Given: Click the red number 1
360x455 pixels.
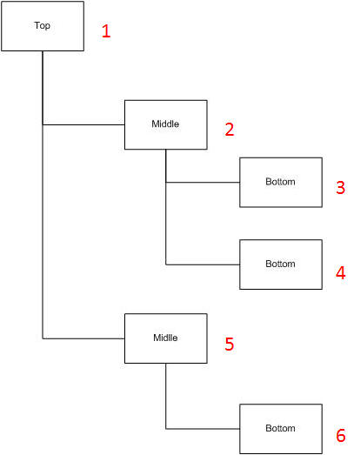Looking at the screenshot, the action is click(x=106, y=31).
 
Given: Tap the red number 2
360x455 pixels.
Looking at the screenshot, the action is click(x=230, y=130).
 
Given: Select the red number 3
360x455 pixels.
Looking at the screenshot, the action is click(x=341, y=187).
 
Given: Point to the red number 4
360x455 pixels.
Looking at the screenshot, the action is click(x=341, y=273).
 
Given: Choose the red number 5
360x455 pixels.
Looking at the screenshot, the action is click(x=230, y=344).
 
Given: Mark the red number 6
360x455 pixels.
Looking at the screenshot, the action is click(x=341, y=435).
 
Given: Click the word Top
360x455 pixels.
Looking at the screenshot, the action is click(x=43, y=26).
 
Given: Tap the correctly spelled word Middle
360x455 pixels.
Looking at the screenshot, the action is click(x=165, y=124).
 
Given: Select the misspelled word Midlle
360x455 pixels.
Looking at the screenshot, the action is click(x=165, y=338).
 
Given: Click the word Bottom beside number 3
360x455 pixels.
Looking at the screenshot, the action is click(x=280, y=182).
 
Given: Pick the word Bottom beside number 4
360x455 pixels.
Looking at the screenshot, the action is click(x=280, y=264).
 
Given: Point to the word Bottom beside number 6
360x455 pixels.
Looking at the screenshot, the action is click(x=280, y=428).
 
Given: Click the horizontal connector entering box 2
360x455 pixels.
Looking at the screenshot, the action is click(x=83, y=124).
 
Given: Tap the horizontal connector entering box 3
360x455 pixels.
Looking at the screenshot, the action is click(x=203, y=182).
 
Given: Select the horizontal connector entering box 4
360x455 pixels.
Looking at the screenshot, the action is click(x=203, y=264).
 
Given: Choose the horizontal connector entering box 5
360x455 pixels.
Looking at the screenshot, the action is click(x=83, y=338).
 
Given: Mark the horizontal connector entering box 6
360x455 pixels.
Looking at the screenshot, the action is click(x=203, y=429).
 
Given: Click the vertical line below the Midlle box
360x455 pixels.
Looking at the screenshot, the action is click(x=166, y=396).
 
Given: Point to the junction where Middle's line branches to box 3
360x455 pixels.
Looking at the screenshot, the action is click(x=166, y=182).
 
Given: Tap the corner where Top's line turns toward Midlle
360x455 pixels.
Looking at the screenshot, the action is click(x=43, y=338).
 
